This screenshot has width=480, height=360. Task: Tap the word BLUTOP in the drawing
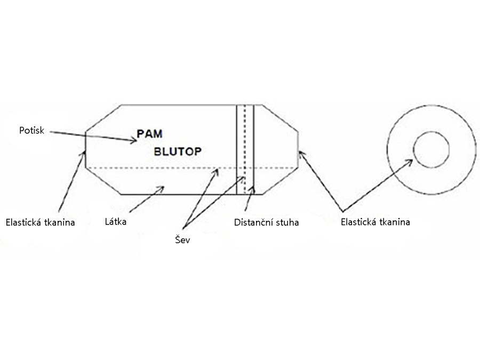pos(177,151)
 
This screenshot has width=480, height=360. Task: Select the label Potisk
pos(30,130)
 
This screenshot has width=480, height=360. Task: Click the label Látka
pos(116,221)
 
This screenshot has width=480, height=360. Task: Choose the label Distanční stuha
pos(266,222)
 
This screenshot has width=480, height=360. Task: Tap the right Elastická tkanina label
pos(375,222)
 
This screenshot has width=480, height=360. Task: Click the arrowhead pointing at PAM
pos(135,141)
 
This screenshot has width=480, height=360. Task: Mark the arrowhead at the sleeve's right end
pos(300,154)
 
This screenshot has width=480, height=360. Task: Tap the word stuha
pos(287,222)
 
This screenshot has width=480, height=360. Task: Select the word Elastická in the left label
pos(22,222)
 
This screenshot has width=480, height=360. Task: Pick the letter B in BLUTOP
pos(157,151)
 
